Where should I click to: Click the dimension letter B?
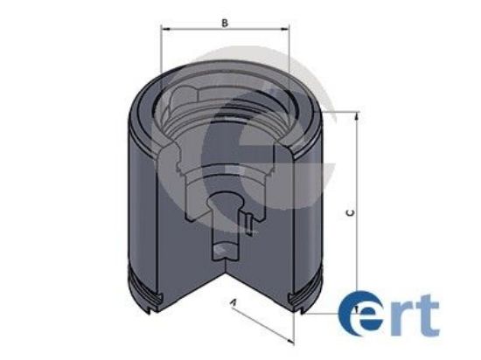225,23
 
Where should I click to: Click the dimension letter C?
349,212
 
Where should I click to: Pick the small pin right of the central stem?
249,225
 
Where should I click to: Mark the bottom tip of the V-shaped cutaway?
227,278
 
